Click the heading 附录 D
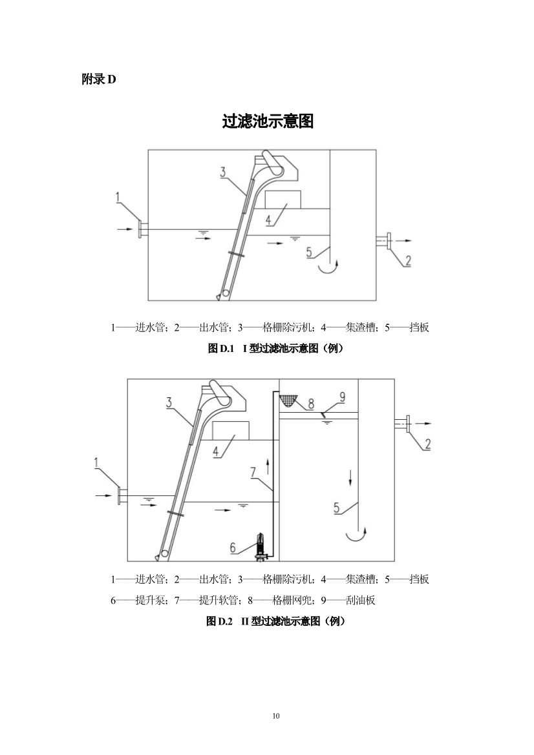[98, 79]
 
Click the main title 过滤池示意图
[268, 121]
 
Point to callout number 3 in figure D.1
[222, 172]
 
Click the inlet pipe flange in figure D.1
[140, 229]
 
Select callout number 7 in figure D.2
[253, 473]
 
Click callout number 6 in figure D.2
[234, 547]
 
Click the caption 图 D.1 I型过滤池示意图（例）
[275, 349]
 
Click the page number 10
[276, 716]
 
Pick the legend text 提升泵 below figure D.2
[147, 601]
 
